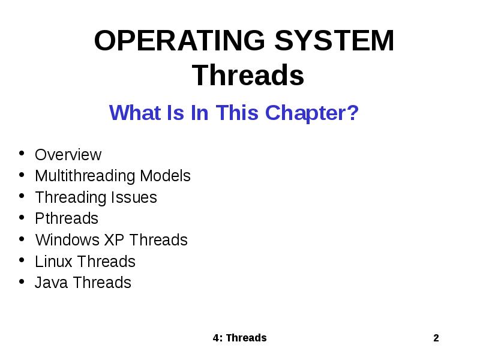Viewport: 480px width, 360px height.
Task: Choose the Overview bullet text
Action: click(68, 155)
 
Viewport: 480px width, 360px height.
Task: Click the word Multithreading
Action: click(85, 176)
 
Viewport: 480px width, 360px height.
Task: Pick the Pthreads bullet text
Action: click(67, 218)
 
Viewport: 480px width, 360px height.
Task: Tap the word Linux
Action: click(53, 262)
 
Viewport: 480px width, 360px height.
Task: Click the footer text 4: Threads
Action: click(239, 338)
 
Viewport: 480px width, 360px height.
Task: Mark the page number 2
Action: click(436, 338)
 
